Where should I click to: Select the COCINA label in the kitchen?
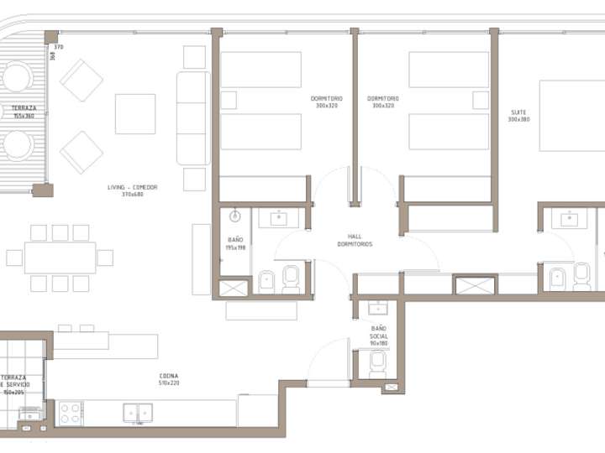tap(168, 376)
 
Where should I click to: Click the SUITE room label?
tap(518, 112)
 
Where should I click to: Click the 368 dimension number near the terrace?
tap(52, 56)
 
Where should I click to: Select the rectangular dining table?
tap(60, 258)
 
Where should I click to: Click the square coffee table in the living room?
tap(135, 114)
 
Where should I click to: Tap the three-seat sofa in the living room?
tap(192, 118)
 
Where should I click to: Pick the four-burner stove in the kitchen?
tap(69, 413)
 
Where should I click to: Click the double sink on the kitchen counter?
tap(139, 412)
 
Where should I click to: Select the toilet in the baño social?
tap(377, 362)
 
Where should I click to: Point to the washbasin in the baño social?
tap(378, 307)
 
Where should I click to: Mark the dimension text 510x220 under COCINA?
tap(168, 383)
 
